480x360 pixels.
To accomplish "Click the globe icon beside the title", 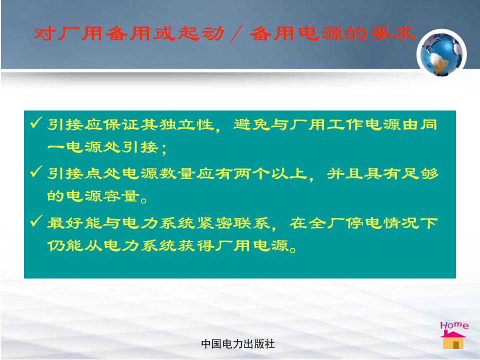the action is [441, 54].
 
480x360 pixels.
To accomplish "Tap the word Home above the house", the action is [454, 325].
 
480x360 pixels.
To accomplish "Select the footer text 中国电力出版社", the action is [238, 344].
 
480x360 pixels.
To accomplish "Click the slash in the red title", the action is [236, 33].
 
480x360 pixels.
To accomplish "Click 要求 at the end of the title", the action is [393, 33].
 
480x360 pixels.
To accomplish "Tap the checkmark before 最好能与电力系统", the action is [36, 220].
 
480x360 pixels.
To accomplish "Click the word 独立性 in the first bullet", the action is [186, 124].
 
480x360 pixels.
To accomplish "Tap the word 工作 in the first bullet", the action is [345, 124].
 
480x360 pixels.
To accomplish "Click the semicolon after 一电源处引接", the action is [164, 149].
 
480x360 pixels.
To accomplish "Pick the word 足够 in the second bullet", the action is [420, 173].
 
